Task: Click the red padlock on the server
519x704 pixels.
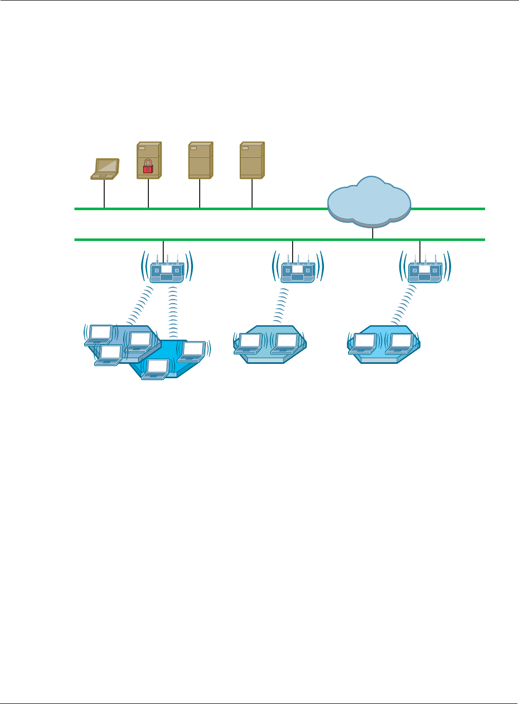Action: [x=148, y=165]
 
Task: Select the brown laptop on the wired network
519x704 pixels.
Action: [x=105, y=169]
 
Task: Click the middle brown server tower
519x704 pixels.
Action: [x=200, y=160]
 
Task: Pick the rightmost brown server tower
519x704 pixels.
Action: [x=252, y=160]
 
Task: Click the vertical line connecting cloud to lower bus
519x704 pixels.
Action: [x=373, y=233]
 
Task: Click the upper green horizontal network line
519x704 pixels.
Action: [x=205, y=209]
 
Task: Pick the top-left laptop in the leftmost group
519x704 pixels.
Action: [x=100, y=335]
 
